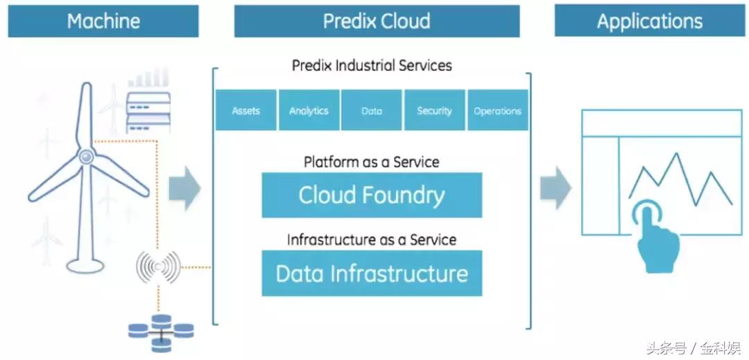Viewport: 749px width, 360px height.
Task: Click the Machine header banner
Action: (x=103, y=21)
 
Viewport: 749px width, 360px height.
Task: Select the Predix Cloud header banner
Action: (x=377, y=21)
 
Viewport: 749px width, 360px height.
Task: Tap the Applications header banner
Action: (x=650, y=21)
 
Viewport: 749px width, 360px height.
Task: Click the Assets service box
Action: (x=246, y=110)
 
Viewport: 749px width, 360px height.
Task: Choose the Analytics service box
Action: (x=309, y=110)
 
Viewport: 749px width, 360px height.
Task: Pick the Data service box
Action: (x=372, y=110)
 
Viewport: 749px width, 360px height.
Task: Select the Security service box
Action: (x=434, y=110)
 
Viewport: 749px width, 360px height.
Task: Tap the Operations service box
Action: (x=497, y=110)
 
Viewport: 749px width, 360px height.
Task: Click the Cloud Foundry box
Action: (x=372, y=195)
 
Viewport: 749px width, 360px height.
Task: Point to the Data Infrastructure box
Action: (x=372, y=273)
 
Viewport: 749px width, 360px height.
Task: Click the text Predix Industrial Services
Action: (x=372, y=66)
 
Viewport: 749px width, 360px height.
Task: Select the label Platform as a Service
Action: (x=372, y=162)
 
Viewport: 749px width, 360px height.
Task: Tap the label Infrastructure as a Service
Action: (x=372, y=240)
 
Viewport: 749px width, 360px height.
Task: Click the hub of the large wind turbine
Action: (x=86, y=157)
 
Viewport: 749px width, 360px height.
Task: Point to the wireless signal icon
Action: (x=158, y=266)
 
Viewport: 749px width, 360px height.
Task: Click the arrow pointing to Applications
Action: (x=556, y=188)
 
